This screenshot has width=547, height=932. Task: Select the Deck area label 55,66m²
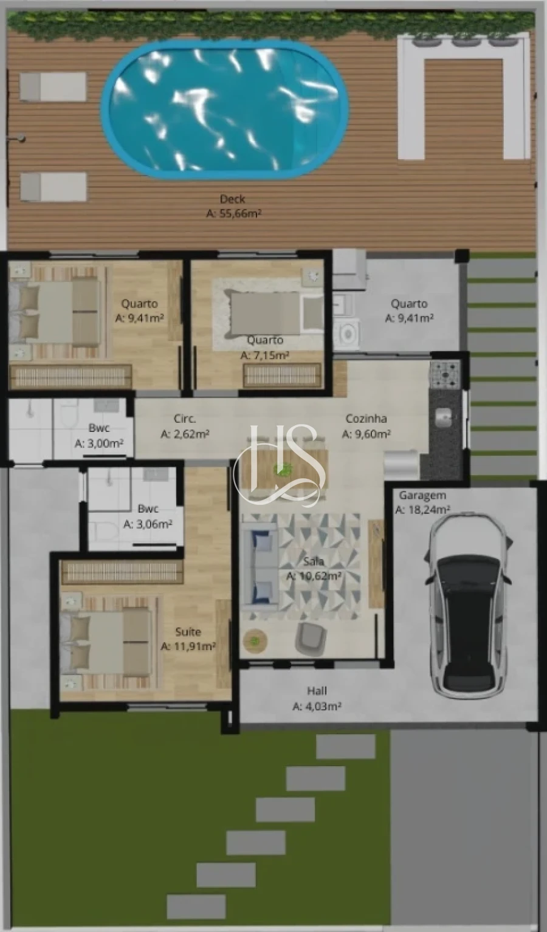tap(234, 214)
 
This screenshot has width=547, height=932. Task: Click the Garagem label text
tap(422, 495)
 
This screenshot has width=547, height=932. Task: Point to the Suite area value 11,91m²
tap(188, 647)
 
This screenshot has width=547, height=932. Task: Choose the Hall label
tap(317, 691)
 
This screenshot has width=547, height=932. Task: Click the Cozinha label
tap(366, 419)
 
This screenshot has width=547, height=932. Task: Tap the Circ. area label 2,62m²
tap(185, 434)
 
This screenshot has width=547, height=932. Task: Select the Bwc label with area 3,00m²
tap(99, 428)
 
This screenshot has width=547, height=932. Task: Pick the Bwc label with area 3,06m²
tap(148, 509)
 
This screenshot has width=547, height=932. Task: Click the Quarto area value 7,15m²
tap(265, 355)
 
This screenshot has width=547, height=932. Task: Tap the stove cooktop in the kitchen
tap(446, 374)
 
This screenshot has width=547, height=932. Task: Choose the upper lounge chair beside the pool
tap(53, 87)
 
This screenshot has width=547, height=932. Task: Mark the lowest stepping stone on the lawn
tap(196, 907)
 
